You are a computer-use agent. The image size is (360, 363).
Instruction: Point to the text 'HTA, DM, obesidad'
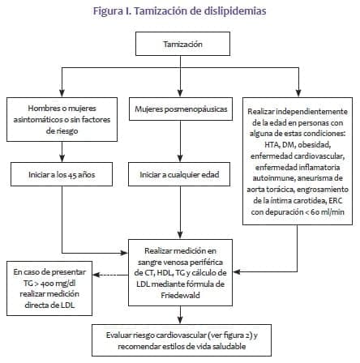[x=295, y=143]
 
